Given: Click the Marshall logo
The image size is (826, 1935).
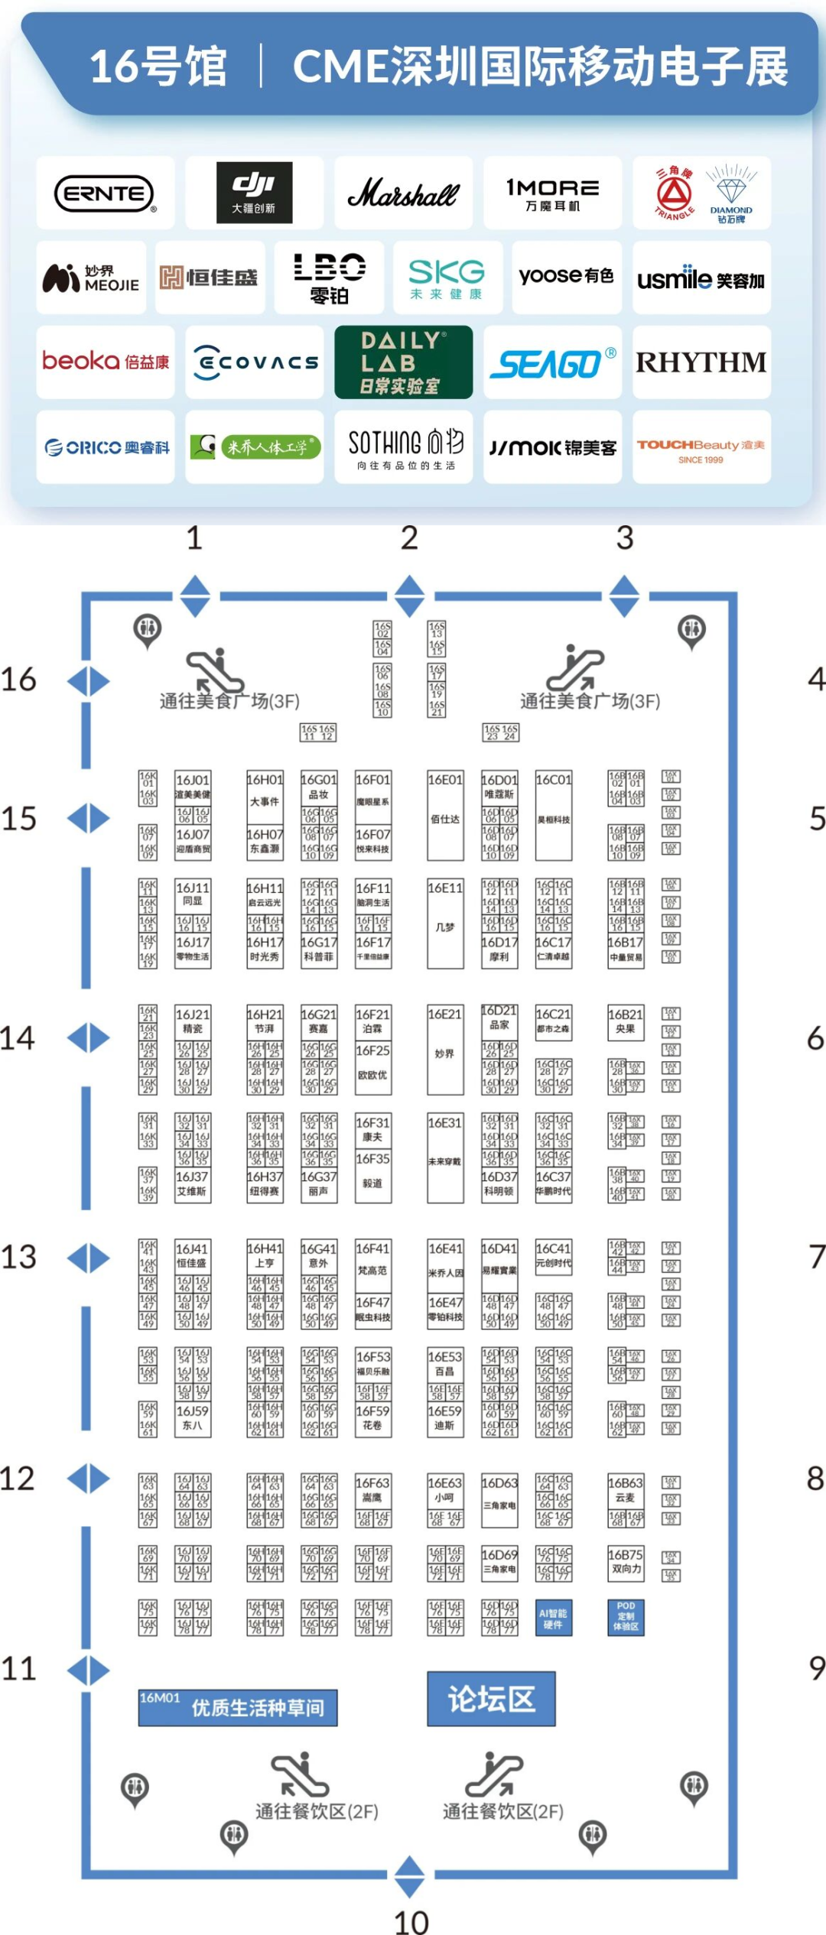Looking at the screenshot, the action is click(x=403, y=193).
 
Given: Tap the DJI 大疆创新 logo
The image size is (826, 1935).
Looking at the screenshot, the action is click(x=254, y=193).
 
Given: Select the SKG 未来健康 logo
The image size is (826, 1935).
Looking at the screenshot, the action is click(x=447, y=278).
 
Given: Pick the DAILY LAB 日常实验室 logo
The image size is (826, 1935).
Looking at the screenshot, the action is click(x=403, y=362).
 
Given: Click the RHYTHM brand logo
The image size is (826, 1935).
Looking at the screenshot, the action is click(x=701, y=362).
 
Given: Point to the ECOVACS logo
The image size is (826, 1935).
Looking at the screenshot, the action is click(x=255, y=362).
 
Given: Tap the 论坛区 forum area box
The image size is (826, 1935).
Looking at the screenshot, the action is click(x=491, y=1699).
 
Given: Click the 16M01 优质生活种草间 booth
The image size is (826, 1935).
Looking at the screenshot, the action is click(x=237, y=1706).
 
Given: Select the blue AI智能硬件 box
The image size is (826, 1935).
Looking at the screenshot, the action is click(x=553, y=1618).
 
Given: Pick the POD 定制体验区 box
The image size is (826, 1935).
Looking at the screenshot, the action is click(x=626, y=1617).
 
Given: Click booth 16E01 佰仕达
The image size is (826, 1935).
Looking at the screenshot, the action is click(x=445, y=816).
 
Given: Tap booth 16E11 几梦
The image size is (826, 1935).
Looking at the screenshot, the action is click(x=445, y=924).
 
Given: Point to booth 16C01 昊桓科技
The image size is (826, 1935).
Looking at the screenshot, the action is click(x=553, y=816).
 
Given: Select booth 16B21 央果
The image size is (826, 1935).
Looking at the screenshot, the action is click(x=626, y=1022).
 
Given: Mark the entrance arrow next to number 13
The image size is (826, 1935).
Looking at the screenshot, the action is click(x=89, y=1258).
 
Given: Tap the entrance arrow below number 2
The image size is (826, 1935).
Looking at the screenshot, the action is click(x=410, y=596).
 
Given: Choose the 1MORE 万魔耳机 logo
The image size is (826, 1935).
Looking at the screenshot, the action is click(x=552, y=193).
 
